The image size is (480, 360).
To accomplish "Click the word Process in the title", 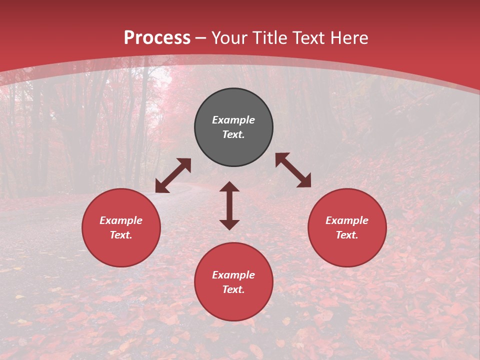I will point(157,38).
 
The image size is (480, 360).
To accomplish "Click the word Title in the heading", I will point(268,38).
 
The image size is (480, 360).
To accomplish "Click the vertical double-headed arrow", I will point(229,205).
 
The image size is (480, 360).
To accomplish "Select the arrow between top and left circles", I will point(173,175).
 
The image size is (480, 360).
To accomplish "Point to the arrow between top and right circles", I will point(293,170).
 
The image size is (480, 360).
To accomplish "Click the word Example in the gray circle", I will point(233,120).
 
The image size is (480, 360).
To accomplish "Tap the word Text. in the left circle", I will point(121,235).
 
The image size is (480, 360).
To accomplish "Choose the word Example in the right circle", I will point(347,220).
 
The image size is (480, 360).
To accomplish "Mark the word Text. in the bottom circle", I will point(233,289).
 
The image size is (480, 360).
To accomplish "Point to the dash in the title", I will point(200,38).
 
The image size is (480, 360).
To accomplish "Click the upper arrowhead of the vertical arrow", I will point(229,186).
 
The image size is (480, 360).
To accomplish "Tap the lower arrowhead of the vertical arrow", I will point(229,224).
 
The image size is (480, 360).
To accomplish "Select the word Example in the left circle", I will point(121,220).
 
